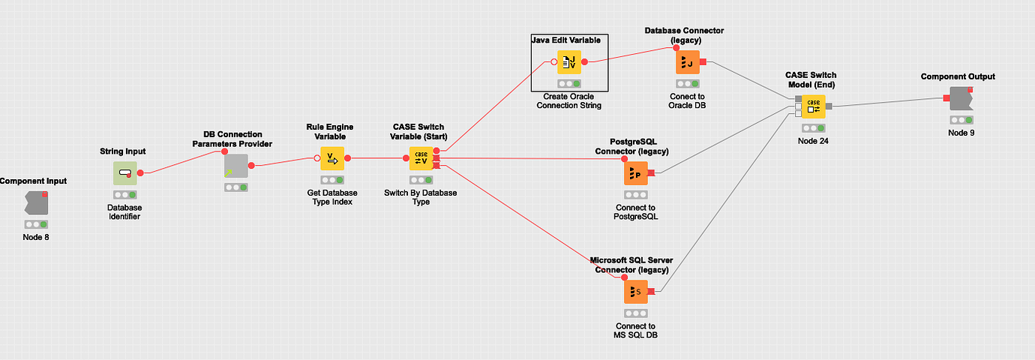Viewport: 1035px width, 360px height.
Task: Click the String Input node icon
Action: point(125,172)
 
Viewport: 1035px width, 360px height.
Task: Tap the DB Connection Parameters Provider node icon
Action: point(235,166)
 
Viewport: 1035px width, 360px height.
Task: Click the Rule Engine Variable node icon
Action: point(332,159)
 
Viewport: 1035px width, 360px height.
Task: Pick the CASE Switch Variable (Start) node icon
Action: point(421,159)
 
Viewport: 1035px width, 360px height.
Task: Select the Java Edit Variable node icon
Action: point(569,62)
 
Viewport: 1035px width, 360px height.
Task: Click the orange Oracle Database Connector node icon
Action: point(688,63)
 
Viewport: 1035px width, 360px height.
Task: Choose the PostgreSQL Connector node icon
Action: point(636,173)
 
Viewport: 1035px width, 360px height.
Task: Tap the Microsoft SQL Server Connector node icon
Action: point(636,291)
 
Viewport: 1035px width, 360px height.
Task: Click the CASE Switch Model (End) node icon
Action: point(814,106)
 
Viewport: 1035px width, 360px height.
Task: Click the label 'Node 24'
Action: point(814,140)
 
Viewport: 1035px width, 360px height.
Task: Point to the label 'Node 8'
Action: point(36,237)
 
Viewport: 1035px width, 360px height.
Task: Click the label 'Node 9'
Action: point(961,133)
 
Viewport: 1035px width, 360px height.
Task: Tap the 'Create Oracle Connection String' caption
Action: point(569,101)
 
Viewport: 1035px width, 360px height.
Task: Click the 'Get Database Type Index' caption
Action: point(332,197)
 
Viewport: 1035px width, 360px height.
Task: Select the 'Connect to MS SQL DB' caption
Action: point(636,330)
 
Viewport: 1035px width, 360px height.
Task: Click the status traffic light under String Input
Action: point(125,194)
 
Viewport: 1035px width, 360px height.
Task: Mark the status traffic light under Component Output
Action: point(961,120)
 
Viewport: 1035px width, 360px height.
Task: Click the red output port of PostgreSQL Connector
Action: point(651,173)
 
